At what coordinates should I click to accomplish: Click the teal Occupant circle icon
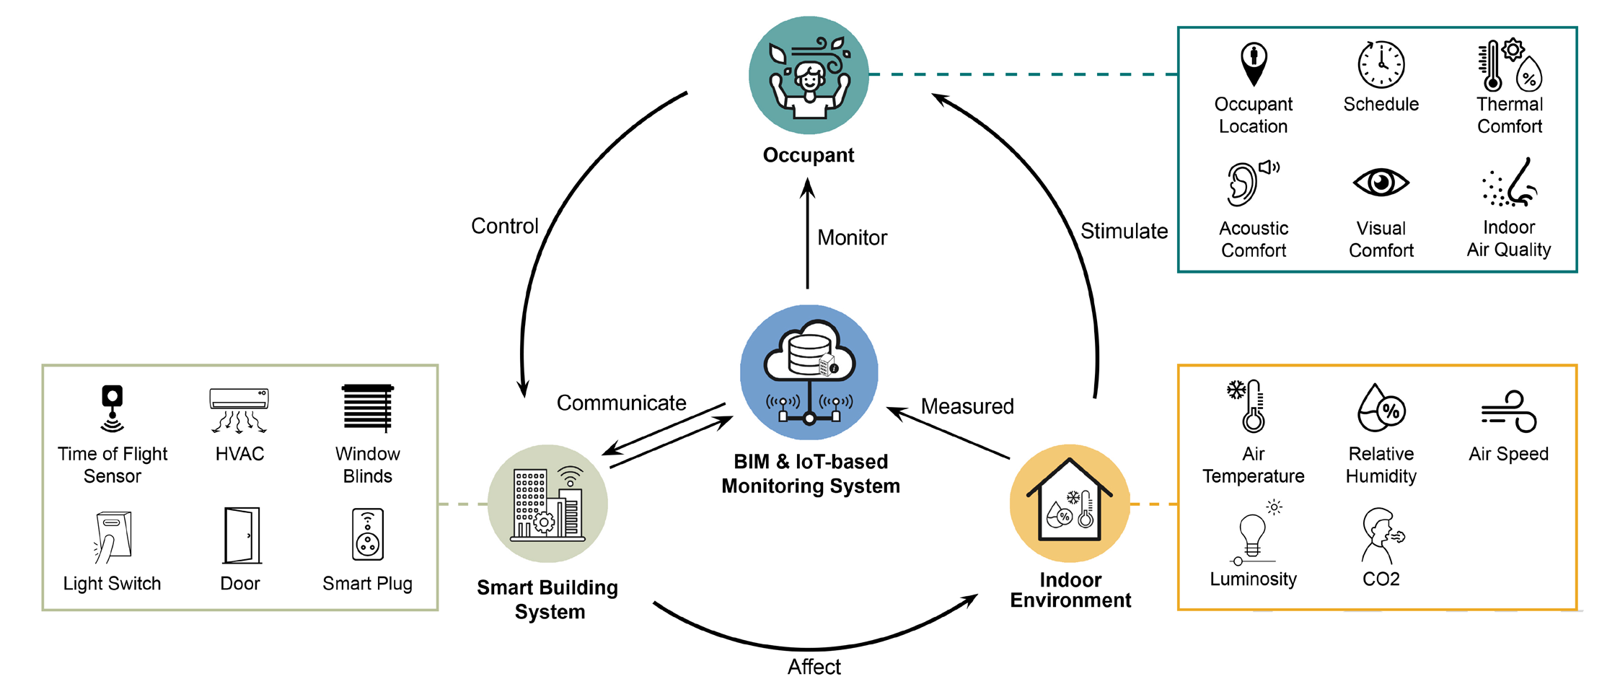click(809, 75)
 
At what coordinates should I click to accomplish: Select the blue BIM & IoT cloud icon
click(809, 372)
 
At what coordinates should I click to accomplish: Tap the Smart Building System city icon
click(547, 504)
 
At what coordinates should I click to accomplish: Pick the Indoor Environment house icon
click(1070, 504)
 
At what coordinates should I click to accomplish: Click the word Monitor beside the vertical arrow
click(852, 237)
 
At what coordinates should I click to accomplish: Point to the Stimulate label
click(1124, 231)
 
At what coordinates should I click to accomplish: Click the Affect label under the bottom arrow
click(814, 667)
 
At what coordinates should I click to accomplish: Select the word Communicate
click(621, 403)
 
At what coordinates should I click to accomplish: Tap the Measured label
click(967, 406)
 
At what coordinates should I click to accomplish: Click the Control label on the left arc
click(505, 226)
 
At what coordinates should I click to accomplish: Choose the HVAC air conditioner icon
click(239, 410)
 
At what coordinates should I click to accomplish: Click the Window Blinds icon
click(368, 408)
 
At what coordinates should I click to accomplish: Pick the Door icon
click(242, 535)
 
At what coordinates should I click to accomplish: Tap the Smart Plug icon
click(368, 535)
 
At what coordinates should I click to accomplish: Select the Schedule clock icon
click(1381, 64)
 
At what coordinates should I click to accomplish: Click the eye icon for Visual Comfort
click(1381, 183)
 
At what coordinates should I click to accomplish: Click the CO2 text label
click(1381, 579)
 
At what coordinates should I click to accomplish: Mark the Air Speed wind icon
click(1509, 411)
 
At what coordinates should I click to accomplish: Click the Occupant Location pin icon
click(1254, 63)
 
